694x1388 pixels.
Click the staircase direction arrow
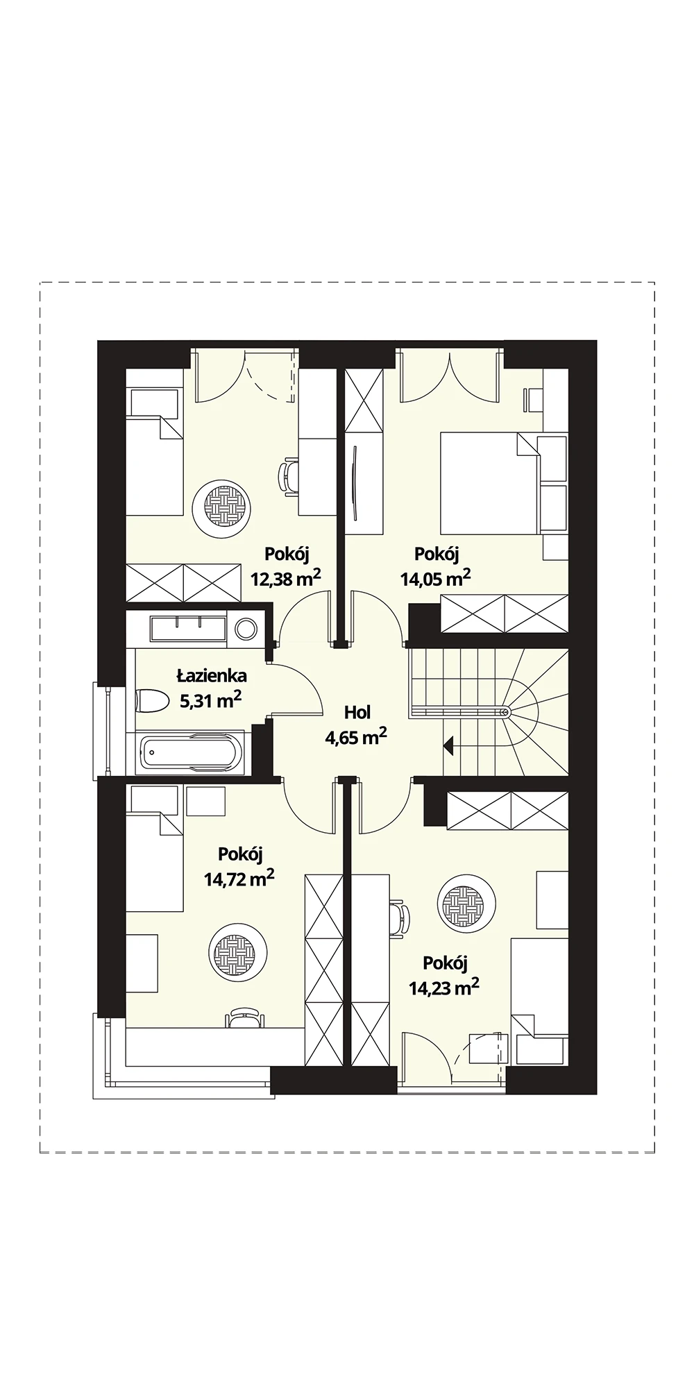point(448,746)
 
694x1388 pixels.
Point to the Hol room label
point(357,712)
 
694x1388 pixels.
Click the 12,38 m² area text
point(286,577)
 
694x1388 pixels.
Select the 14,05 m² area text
point(436,577)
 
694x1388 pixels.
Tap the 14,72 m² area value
point(239,879)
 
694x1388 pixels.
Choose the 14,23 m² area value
point(444,987)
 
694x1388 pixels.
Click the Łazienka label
point(212,675)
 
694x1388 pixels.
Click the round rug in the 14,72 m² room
point(239,952)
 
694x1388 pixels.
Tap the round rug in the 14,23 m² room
point(466,905)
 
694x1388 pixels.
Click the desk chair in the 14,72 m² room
point(244,1017)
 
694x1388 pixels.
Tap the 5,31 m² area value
point(211,700)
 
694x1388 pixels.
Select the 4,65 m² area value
point(356,737)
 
